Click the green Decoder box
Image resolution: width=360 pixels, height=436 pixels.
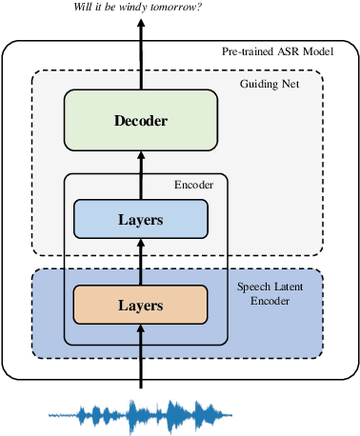(x=141, y=121)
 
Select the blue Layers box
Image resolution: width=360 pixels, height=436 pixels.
(x=141, y=220)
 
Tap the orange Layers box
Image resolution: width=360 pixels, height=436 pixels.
(x=141, y=306)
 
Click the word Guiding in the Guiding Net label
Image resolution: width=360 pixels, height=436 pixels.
(x=260, y=85)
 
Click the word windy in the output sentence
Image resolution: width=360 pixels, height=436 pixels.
(x=142, y=9)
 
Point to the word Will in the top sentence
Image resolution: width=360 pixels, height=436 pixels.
(x=85, y=9)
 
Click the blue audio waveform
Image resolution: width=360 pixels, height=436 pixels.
(x=141, y=414)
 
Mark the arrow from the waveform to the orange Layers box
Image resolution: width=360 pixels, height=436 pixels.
(x=141, y=357)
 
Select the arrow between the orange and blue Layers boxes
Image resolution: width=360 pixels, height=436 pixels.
(x=141, y=262)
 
